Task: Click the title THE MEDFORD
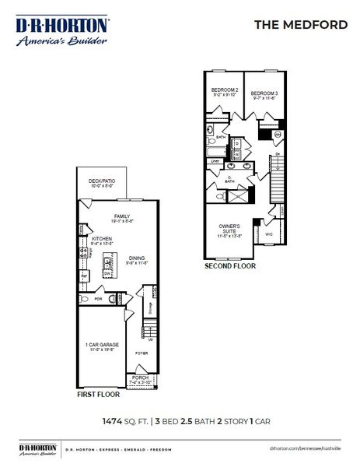301,24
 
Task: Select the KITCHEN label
102,240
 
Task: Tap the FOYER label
141,353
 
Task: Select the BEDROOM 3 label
264,93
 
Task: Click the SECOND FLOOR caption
230,265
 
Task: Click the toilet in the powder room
113,298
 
